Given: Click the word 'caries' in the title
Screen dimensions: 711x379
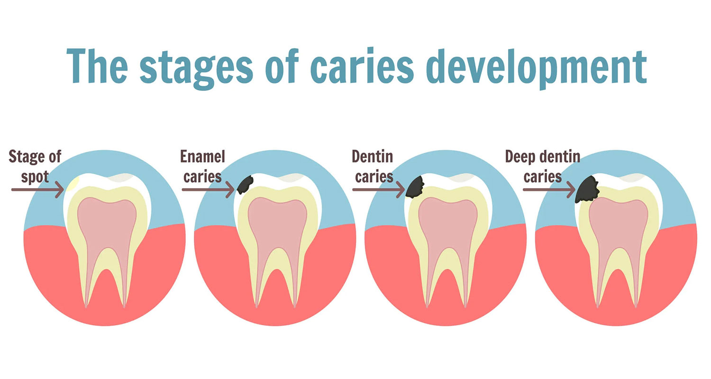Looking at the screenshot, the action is [362, 66].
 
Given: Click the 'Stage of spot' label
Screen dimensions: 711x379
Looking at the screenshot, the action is [35, 166].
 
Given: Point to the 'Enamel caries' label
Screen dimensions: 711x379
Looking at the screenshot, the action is [202, 166].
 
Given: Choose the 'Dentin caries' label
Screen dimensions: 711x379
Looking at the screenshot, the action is [373, 166].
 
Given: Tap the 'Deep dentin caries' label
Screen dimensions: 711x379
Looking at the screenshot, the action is [543, 166].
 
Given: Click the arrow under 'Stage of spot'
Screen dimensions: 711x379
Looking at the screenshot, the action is [38, 189].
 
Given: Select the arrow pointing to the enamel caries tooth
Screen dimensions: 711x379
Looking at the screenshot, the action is [208, 189].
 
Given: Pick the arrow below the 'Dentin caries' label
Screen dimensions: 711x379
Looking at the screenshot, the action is [379, 189].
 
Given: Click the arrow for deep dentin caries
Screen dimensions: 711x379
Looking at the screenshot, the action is [549, 189].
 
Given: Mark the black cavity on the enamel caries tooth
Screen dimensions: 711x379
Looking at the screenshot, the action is [245, 185].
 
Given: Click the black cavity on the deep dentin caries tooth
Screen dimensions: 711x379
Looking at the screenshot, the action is [587, 189].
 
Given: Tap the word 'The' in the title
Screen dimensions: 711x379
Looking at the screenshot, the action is [97, 66].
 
